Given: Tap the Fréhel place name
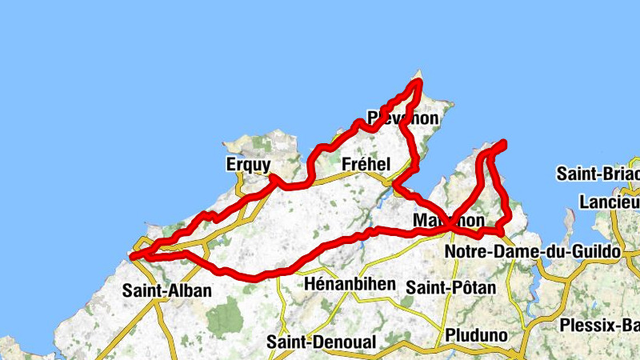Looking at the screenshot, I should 366,164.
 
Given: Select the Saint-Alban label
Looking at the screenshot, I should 167,290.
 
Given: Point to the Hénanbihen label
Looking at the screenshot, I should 350,284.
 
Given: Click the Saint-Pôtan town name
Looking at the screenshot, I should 450,286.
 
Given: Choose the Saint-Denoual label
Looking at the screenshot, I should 321,342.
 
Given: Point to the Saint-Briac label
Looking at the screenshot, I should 598,174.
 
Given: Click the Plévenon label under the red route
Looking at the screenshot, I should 403,118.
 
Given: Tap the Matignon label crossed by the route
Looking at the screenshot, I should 450,219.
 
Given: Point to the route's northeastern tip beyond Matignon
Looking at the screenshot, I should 504,143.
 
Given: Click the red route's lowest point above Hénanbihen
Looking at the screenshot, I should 256,278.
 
